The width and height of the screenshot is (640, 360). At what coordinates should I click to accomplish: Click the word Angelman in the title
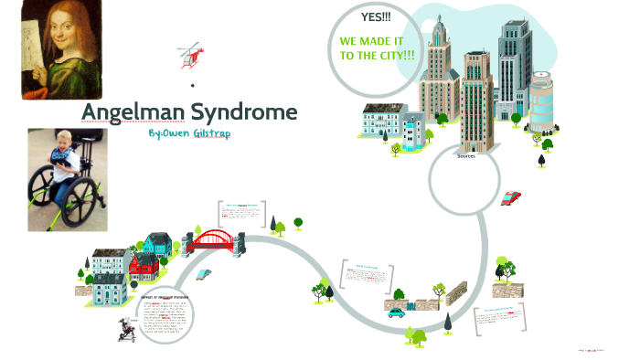pos(129,112)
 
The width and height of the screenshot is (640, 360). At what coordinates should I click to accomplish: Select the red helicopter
pos(191,55)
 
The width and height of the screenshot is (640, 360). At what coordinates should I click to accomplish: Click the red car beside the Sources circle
pos(510,196)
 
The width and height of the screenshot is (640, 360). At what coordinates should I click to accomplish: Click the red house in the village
pos(144,269)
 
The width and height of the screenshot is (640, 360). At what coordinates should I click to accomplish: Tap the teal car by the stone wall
pos(396,312)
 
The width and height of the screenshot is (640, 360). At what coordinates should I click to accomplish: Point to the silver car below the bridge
pos(205,274)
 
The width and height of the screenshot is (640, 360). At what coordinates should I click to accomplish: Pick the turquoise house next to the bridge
pos(156,243)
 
